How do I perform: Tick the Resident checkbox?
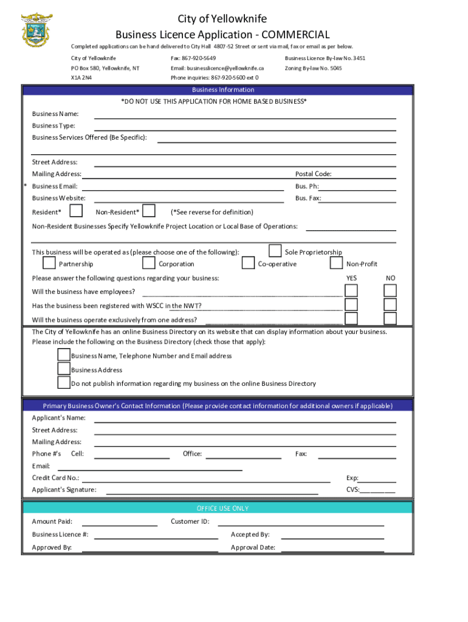76,211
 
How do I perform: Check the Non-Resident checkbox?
148,211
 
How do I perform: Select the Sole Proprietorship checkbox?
275,251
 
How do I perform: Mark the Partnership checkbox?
49,264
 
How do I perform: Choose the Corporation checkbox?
148,264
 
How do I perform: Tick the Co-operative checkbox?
248,264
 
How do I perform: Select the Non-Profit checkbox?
336,264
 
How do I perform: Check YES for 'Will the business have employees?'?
351,291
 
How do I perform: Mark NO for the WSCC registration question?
390,305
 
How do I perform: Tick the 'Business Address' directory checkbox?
64,369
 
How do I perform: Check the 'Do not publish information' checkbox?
64,383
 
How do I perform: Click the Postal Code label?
313,174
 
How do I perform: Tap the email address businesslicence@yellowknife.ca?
217,68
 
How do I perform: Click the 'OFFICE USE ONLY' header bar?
218,508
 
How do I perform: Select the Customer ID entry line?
301,522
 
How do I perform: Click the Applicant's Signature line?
212,491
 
